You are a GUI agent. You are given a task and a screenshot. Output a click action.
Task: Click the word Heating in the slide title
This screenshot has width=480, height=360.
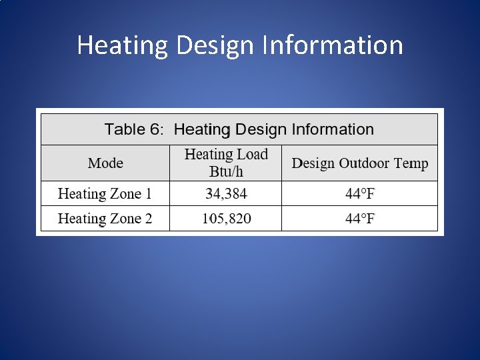pyautogui.click(x=123, y=46)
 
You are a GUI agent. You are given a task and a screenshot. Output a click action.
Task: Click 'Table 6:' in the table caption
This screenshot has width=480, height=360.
pyautogui.click(x=134, y=129)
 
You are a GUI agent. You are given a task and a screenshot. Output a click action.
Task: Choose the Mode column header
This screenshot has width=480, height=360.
pyautogui.click(x=105, y=163)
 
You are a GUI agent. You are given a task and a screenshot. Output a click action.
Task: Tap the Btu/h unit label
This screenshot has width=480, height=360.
pyautogui.click(x=226, y=171)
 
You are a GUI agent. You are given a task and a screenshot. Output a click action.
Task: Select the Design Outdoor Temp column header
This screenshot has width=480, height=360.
pyautogui.click(x=360, y=163)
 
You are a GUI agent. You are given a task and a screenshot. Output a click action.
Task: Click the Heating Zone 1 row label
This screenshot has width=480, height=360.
pyautogui.click(x=105, y=194)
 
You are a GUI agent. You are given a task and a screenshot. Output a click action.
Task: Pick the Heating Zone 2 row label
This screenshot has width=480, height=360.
pyautogui.click(x=105, y=219)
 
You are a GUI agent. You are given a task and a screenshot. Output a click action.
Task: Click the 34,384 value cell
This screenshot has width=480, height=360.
pyautogui.click(x=226, y=194)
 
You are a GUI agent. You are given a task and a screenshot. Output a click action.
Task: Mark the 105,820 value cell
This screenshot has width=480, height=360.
pyautogui.click(x=226, y=219)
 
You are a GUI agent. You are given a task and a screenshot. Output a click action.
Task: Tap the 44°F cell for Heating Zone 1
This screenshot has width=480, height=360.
pyautogui.click(x=360, y=194)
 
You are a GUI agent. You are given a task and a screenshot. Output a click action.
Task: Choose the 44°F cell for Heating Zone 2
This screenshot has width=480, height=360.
pyautogui.click(x=360, y=219)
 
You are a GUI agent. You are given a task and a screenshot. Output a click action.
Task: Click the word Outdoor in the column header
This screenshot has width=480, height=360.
pyautogui.click(x=364, y=163)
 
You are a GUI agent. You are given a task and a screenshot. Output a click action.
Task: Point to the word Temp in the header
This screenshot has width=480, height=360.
pyautogui.click(x=411, y=164)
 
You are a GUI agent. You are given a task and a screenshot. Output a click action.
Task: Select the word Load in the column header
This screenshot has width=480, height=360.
pyautogui.click(x=253, y=155)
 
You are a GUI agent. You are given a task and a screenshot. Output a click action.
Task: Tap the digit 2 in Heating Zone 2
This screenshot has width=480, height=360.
pyautogui.click(x=148, y=219)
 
